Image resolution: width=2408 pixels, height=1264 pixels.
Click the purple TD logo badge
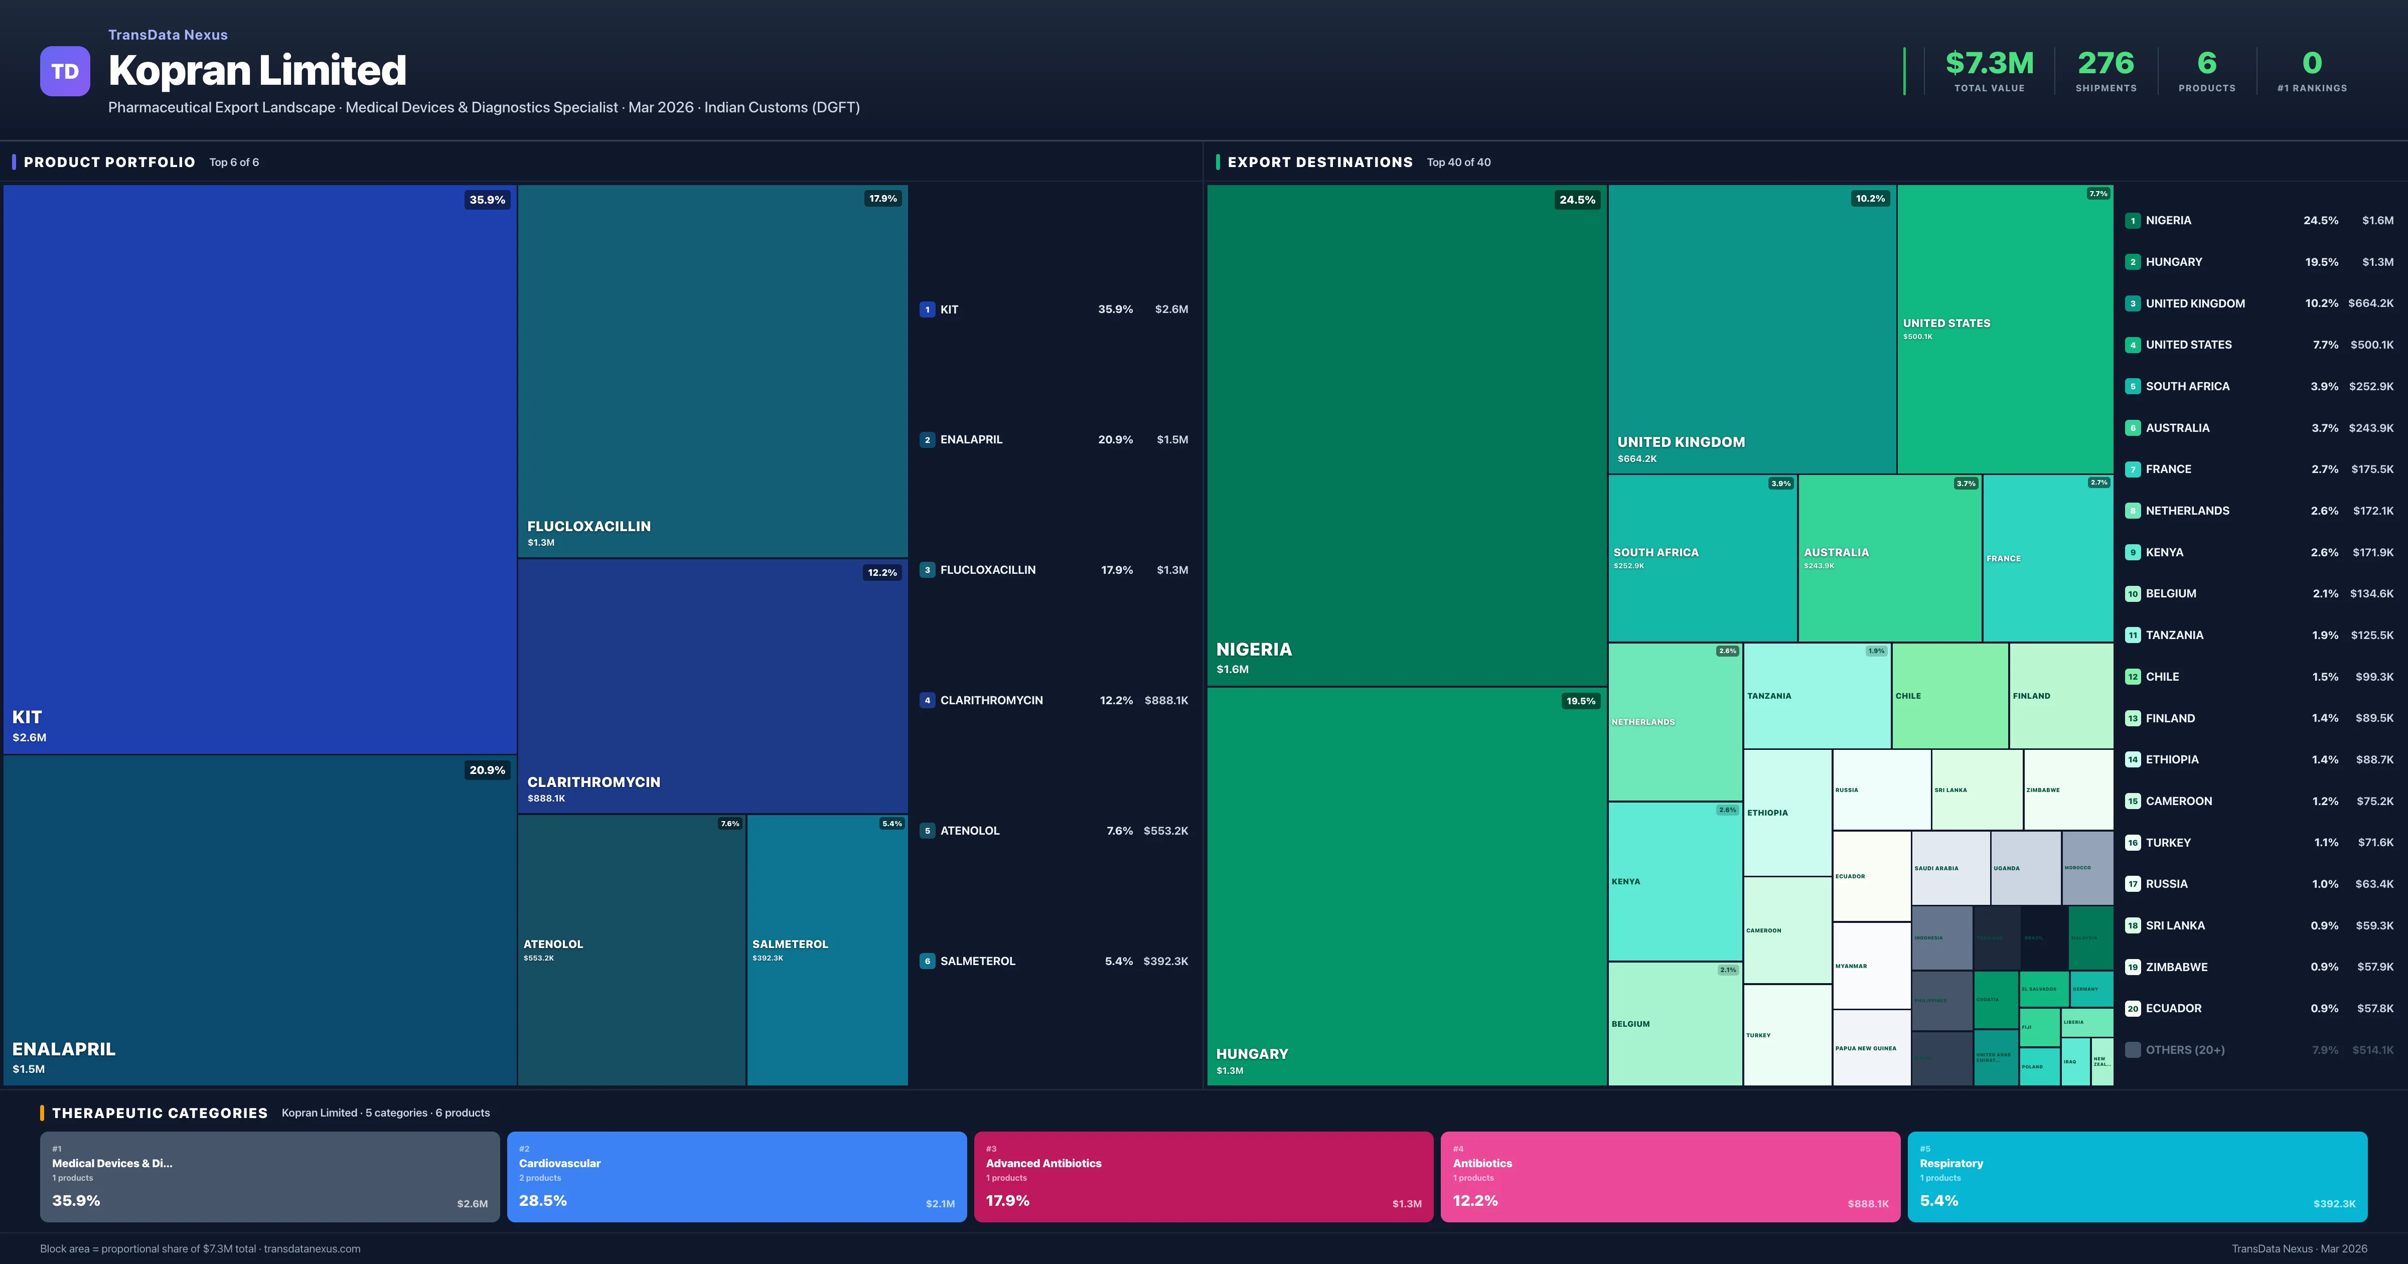point(65,71)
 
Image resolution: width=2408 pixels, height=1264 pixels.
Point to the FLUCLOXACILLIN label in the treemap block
point(589,526)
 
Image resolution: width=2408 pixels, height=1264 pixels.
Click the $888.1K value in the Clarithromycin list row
point(1166,700)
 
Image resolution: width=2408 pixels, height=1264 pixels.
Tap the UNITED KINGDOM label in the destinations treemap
point(1681,442)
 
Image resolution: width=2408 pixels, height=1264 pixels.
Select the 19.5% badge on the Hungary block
point(1581,701)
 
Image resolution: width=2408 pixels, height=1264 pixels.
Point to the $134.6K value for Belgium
point(2371,594)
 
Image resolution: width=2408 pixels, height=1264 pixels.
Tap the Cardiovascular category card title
point(560,1163)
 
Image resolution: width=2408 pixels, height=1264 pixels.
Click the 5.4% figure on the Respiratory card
point(1939,1200)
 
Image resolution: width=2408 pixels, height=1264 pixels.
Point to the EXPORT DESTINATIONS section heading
point(1320,163)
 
